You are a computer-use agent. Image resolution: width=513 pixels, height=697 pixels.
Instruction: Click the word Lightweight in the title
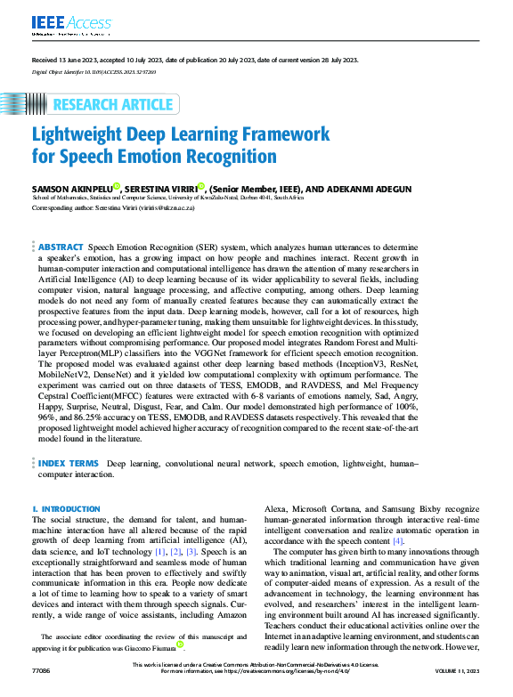[79, 134]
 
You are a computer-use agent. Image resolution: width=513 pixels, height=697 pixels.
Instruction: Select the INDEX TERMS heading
[69, 464]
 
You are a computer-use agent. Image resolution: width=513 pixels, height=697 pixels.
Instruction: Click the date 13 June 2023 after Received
[82, 60]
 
